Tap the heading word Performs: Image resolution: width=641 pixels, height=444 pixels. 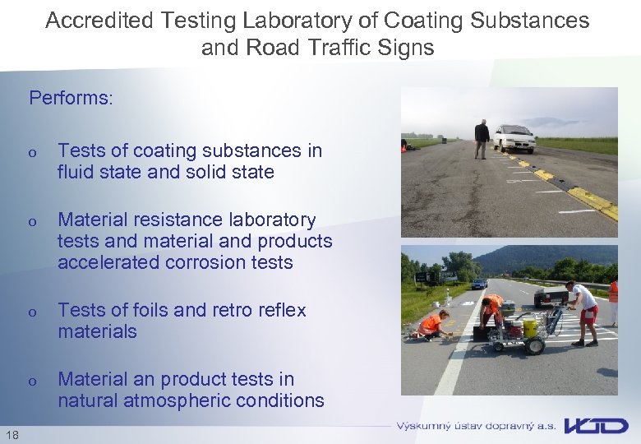[x=71, y=99]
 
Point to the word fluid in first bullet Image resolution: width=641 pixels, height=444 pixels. [x=76, y=173]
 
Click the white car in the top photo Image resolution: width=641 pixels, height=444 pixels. [x=514, y=137]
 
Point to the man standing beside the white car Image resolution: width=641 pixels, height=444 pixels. [x=482, y=138]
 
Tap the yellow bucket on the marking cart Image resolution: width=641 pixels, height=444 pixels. [x=530, y=329]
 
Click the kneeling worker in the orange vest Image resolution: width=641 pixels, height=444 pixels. [x=432, y=324]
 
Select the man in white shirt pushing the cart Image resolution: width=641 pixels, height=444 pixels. [x=583, y=311]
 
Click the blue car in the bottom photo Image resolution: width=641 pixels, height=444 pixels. [x=479, y=284]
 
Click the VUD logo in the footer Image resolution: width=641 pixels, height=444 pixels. [x=596, y=426]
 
